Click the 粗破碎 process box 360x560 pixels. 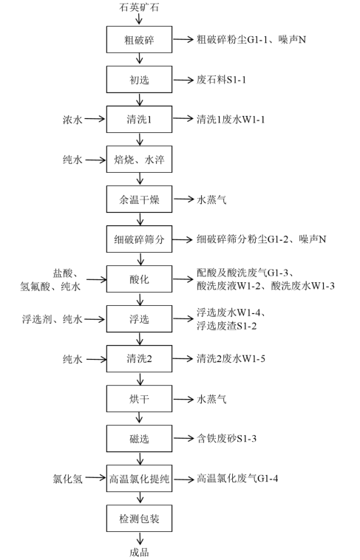(x=139, y=40)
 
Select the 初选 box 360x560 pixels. (x=139, y=79)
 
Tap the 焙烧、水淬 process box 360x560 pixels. (x=139, y=160)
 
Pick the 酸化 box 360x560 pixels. (x=139, y=279)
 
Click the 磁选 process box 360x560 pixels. (x=139, y=439)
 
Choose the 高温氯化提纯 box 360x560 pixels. (x=139, y=479)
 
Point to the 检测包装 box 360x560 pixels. (x=139, y=518)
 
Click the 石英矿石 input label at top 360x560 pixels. (x=139, y=7)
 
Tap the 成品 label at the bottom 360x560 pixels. (x=139, y=552)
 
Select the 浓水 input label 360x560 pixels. (x=72, y=119)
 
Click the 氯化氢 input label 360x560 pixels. (x=67, y=479)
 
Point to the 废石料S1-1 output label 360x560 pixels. (x=221, y=79)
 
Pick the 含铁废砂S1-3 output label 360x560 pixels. (x=227, y=439)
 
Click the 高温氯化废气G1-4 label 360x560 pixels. (x=237, y=479)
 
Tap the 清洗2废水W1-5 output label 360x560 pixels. (x=231, y=358)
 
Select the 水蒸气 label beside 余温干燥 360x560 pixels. (x=211, y=199)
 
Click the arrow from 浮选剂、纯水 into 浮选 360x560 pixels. (x=95, y=319)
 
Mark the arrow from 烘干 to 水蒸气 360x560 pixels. (x=183, y=399)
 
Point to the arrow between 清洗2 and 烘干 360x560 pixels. (x=140, y=378)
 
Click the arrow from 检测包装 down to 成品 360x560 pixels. (x=140, y=539)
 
